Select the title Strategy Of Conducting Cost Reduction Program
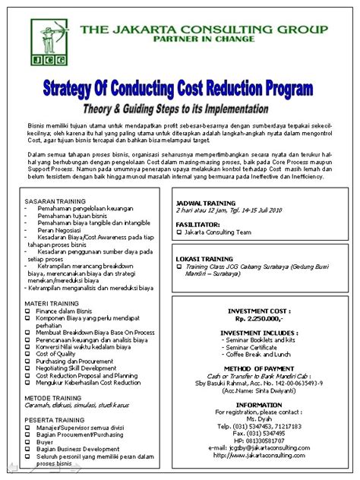(180, 89)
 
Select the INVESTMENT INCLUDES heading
(260, 333)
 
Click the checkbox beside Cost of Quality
(28, 354)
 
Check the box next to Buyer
(28, 441)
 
